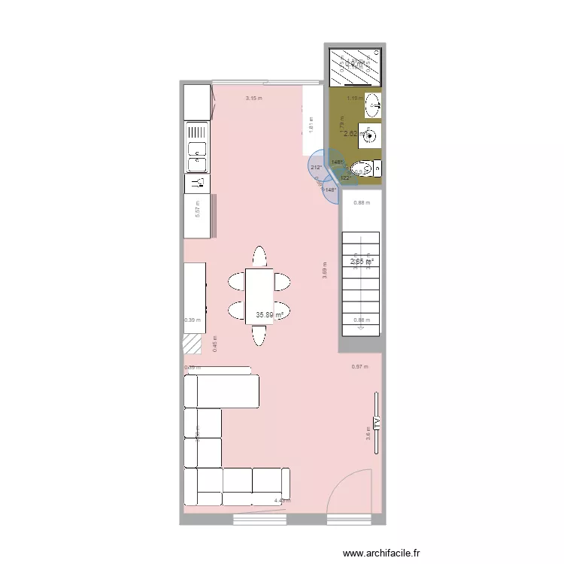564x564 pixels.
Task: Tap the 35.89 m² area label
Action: tap(268, 315)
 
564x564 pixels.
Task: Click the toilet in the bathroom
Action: tap(364, 168)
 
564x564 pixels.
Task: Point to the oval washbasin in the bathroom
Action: tap(371, 105)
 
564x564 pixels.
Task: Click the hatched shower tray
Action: tap(356, 67)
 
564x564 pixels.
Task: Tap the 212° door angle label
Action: tap(315, 168)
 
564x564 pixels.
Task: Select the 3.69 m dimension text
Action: tap(325, 270)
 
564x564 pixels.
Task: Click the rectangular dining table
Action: tap(259, 296)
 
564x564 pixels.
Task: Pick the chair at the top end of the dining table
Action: tap(259, 256)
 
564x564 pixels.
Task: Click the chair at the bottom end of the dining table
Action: tap(259, 335)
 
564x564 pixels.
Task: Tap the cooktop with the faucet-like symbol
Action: tap(197, 183)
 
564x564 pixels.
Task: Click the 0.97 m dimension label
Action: tap(359, 367)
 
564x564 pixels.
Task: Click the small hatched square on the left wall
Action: tap(193, 344)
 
